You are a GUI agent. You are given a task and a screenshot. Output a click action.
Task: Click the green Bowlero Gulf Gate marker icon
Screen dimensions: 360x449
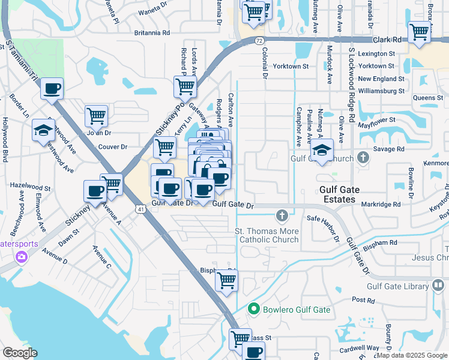tap(254, 310)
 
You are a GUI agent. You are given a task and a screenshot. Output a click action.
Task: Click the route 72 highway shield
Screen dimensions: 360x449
tap(258, 40)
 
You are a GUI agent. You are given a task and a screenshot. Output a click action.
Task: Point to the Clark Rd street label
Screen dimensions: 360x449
tap(386, 40)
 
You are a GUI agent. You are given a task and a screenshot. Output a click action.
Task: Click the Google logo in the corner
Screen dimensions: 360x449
tap(20, 353)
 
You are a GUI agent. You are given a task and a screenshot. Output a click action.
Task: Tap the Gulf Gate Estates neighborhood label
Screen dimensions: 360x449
tap(348, 194)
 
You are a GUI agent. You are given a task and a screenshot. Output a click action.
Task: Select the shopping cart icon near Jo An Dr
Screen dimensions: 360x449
tap(96, 115)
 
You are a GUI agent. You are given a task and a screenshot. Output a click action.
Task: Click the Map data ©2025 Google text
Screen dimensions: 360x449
tap(411, 355)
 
